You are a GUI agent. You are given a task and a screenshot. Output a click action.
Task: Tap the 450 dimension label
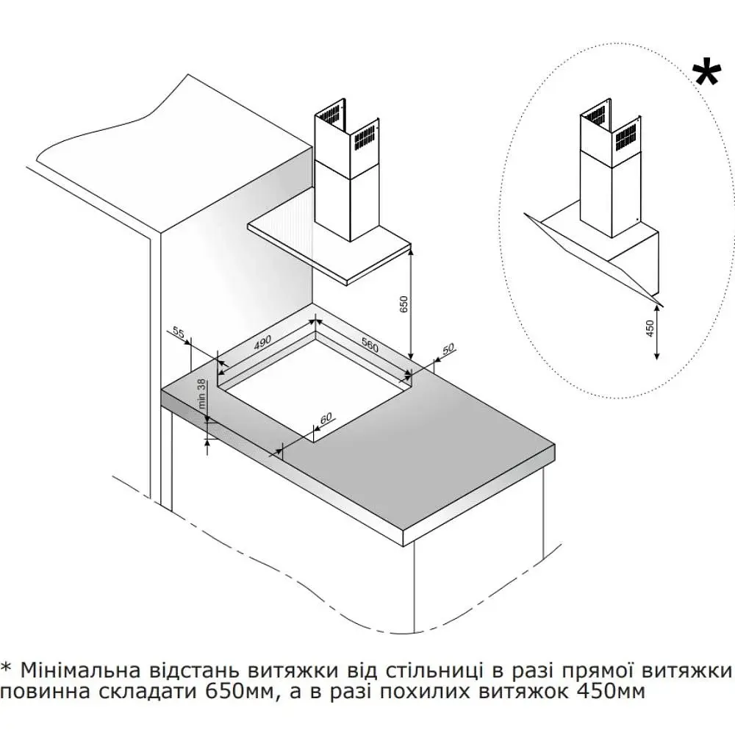click(650, 329)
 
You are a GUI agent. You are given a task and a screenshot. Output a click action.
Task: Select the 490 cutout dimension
click(262, 343)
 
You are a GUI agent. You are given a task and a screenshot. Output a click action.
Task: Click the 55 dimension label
click(179, 332)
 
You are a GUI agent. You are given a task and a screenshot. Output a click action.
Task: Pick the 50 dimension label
click(448, 348)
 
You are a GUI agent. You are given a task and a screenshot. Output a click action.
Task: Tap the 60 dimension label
click(326, 417)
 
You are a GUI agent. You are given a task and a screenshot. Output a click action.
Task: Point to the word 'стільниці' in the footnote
click(434, 670)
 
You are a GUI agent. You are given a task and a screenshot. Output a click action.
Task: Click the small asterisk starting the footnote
click(6, 667)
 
